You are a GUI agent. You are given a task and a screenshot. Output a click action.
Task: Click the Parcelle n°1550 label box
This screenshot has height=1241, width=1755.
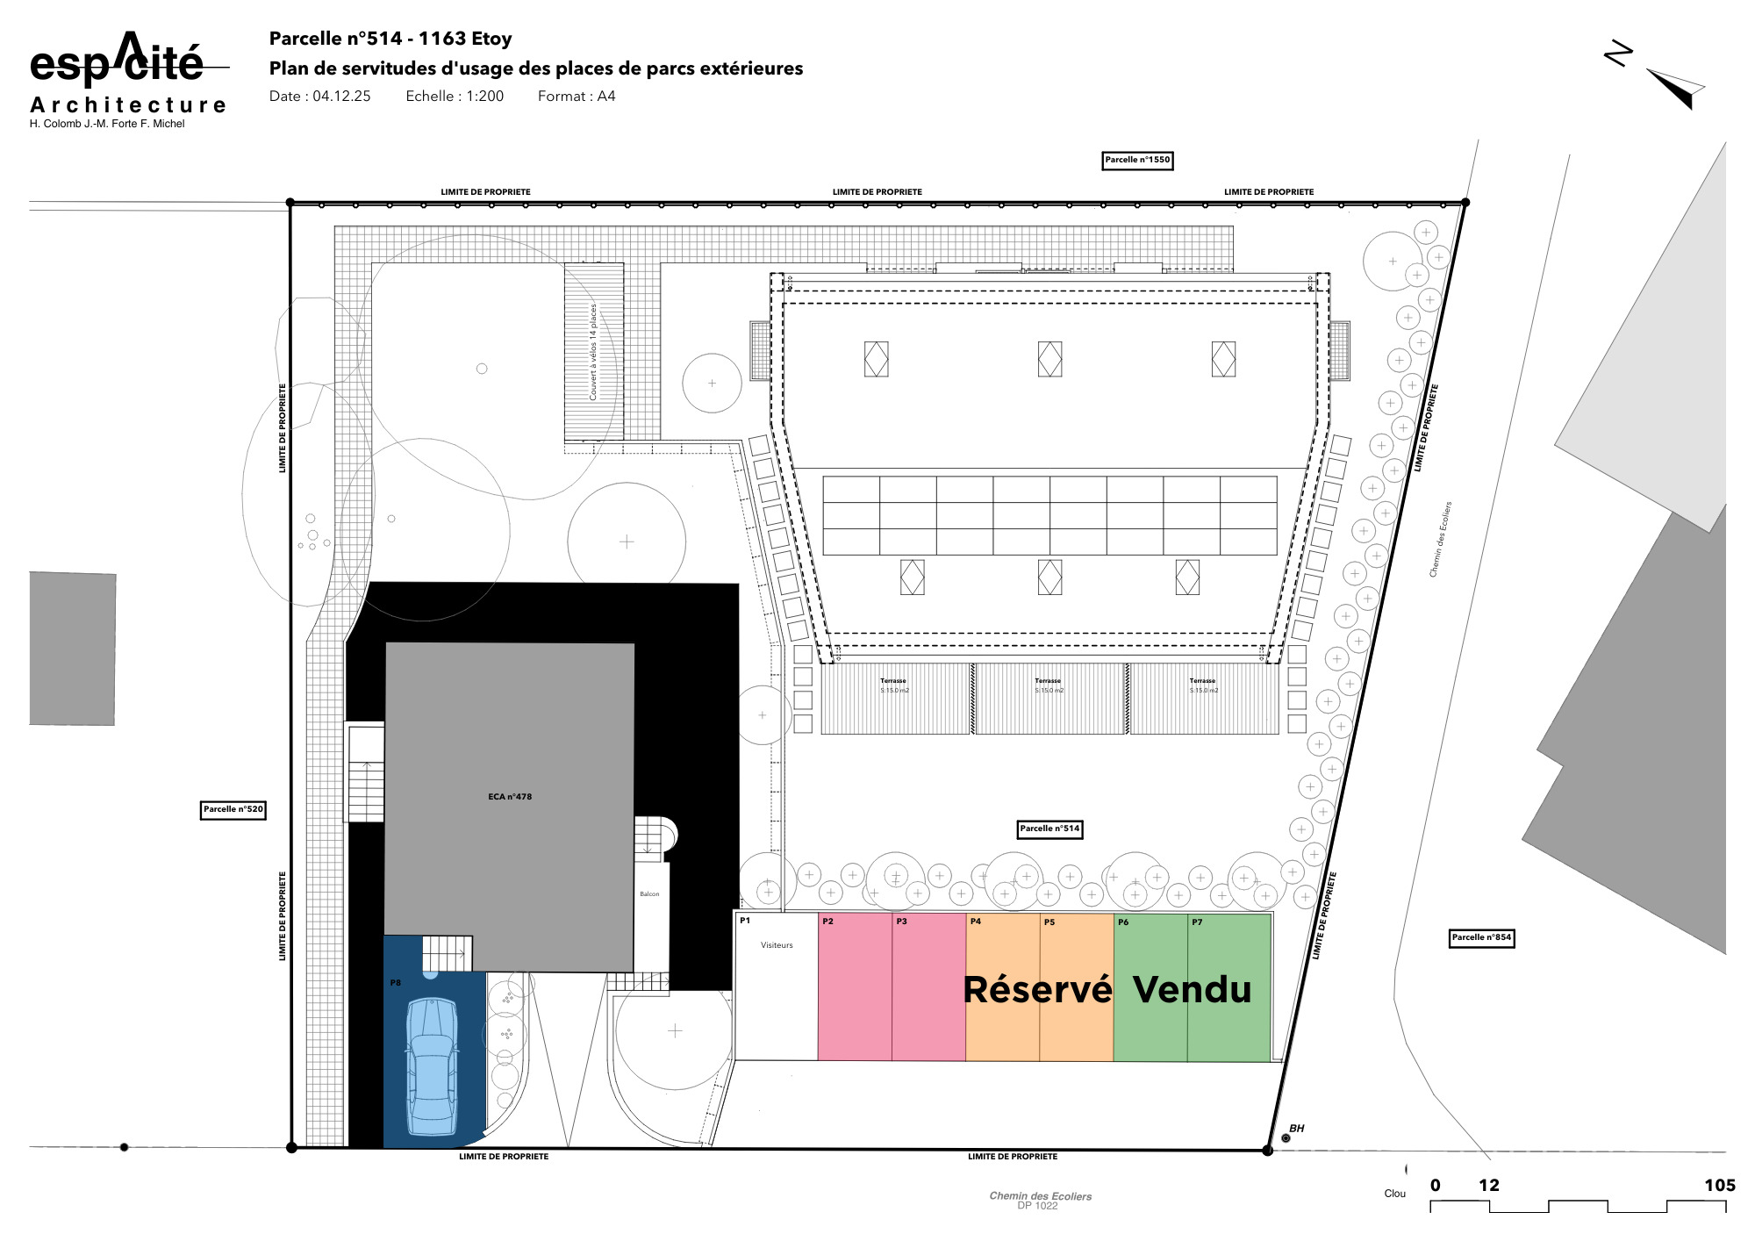pos(1137,161)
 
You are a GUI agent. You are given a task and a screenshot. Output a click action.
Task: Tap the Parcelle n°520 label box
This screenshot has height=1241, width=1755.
pos(233,810)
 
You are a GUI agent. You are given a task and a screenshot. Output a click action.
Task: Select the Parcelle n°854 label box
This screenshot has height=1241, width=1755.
pos(1481,938)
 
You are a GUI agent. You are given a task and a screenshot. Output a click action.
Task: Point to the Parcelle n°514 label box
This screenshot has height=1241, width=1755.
pos(1049,829)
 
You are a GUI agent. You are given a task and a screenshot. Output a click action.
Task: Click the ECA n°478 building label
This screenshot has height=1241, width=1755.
pos(510,797)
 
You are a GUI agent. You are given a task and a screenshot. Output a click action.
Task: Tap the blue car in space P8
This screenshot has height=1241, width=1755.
pos(432,1066)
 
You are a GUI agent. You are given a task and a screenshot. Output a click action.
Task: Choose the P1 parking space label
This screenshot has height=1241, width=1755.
pos(745,921)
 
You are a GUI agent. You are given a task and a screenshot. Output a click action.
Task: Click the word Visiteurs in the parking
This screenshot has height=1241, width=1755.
pos(777,945)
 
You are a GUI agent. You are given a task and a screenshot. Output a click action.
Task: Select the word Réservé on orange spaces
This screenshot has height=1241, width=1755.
pos(1037,990)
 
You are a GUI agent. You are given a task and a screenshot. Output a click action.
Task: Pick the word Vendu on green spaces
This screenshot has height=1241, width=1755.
pos(1192,990)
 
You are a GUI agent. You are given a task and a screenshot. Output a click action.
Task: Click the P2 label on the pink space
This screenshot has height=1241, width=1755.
pos(827,922)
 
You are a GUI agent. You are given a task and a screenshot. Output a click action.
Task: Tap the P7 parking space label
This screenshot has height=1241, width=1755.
pos(1197,922)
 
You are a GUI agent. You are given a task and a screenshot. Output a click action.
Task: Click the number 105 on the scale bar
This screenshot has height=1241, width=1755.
pos(1719,1186)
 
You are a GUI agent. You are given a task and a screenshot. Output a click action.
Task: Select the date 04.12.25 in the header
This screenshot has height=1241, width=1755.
pos(341,97)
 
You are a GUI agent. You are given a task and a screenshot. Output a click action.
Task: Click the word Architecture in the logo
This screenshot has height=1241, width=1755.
pos(128,105)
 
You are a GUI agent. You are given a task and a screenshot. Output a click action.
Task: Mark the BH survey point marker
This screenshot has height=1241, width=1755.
pos(1286,1138)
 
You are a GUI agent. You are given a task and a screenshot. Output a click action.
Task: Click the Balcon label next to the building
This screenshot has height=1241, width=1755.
pos(649,894)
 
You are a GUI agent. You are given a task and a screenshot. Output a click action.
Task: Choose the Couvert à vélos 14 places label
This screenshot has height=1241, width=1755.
pos(593,352)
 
